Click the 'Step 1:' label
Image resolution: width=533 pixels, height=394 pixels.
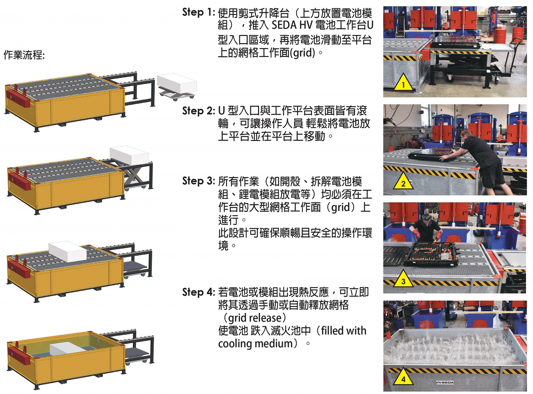click(198, 12)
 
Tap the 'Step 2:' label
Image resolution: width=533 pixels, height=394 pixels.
click(198, 111)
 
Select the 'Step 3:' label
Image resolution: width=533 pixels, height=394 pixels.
click(198, 181)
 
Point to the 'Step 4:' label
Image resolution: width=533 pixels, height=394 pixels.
click(198, 292)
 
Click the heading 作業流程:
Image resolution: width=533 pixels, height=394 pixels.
click(24, 55)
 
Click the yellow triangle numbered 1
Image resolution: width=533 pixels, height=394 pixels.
click(403, 83)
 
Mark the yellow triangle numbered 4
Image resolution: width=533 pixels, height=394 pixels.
click(403, 377)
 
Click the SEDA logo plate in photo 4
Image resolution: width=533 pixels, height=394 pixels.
click(445, 383)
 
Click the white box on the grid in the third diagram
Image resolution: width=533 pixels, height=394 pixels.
click(67, 252)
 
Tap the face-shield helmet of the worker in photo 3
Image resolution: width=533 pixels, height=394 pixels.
click(426, 219)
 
